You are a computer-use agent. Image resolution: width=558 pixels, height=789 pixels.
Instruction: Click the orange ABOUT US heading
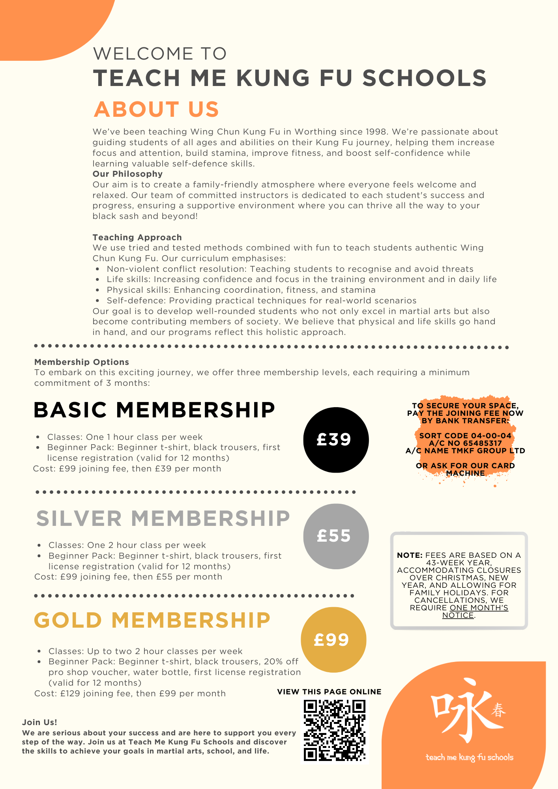point(156,109)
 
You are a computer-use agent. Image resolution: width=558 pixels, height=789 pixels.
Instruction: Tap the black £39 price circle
point(336,439)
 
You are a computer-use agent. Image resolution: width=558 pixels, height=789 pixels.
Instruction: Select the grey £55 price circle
point(336,536)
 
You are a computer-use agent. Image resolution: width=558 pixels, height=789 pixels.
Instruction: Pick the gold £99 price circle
point(333,639)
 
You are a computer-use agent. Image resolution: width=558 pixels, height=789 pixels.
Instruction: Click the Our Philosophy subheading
point(127,174)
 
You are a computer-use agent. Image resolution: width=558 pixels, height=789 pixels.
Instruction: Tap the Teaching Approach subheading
point(137,237)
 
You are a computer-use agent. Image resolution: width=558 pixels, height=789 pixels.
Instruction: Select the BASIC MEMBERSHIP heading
point(154,410)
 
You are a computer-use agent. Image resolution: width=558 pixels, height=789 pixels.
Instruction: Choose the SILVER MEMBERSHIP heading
point(163,518)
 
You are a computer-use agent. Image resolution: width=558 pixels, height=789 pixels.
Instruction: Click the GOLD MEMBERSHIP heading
point(152,620)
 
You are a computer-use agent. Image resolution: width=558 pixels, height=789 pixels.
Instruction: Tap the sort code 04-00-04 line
point(465,436)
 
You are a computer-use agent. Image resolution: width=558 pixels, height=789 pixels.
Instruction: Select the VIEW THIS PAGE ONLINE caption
point(329,692)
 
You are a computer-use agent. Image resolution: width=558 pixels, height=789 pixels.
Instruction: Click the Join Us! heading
point(39,722)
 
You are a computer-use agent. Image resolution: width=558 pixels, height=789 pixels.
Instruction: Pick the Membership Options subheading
point(82,362)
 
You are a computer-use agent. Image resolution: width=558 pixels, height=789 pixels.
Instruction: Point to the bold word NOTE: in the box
point(410,555)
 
